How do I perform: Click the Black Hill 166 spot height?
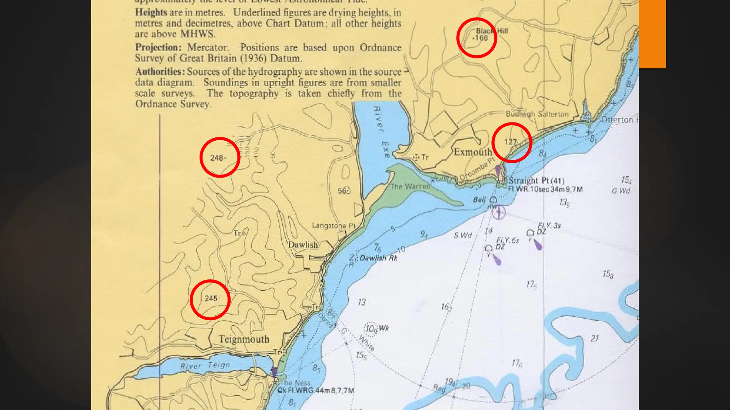coord(481,38)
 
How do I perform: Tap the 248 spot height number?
coord(217,158)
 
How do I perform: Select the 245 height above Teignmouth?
coord(211,298)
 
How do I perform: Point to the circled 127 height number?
coord(510,142)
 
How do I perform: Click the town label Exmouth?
coord(473,152)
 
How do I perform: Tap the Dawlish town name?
coord(303,245)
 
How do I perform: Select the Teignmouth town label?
coord(244,339)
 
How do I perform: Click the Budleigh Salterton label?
coord(537,114)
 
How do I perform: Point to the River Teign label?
coord(205,366)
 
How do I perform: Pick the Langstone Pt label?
coord(334,225)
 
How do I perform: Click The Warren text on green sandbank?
coord(410,186)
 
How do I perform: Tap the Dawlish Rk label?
coord(378,258)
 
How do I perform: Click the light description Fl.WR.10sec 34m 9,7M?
coord(545,189)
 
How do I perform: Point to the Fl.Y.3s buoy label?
coord(549,225)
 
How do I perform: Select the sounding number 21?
coord(595,338)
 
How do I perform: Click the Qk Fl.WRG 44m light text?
coord(316,390)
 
